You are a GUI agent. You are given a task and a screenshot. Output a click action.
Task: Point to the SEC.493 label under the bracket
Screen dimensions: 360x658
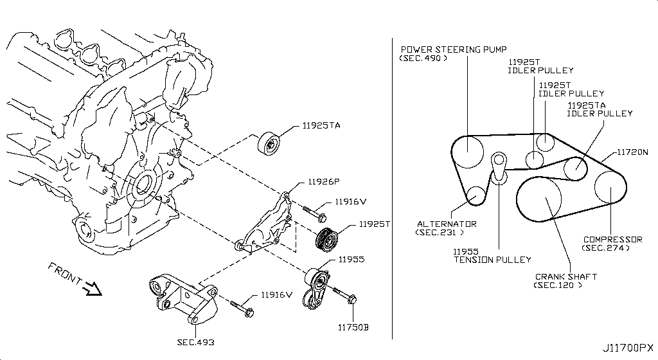coord(195,341)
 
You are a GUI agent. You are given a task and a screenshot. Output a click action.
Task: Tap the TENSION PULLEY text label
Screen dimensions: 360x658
coord(492,260)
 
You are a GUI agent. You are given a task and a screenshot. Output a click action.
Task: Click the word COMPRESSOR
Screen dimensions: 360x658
coord(612,239)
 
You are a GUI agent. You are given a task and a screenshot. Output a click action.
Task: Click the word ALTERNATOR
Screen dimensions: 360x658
coord(447,224)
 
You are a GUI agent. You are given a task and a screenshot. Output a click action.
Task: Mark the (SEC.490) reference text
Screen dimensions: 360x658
coord(423,58)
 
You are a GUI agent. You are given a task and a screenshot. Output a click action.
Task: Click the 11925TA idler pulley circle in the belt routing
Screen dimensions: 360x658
coord(575,168)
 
